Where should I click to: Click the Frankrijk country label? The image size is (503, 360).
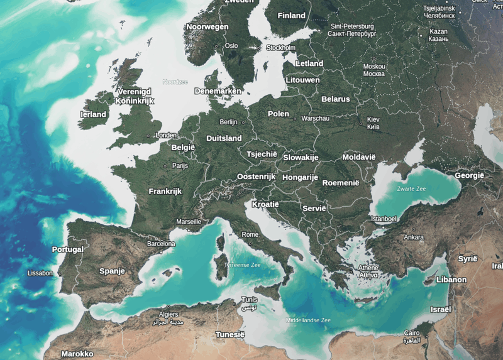pos(165,191)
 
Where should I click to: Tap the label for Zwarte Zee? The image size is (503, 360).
pos(411,188)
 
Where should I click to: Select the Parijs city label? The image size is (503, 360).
pos(180,166)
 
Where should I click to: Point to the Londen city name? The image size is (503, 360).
pos(166,135)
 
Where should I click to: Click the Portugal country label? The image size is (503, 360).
pos(68,249)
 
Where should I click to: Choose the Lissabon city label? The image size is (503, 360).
pos(41,273)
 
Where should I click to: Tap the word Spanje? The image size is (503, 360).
pos(112,271)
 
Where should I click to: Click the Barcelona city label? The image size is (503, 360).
pos(161,243)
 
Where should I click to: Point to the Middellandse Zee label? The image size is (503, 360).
pos(308,320)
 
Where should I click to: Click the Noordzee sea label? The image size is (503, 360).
pos(175,82)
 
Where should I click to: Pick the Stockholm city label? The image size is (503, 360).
pos(280,48)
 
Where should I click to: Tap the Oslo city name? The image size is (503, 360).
pos(231,45)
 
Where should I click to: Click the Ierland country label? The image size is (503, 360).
pos(94,115)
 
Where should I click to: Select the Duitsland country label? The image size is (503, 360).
pos(224,138)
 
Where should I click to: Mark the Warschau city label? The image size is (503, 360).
pos(315,118)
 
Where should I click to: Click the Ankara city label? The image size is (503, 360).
pos(414,237)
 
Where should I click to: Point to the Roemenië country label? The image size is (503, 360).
pos(340,183)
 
